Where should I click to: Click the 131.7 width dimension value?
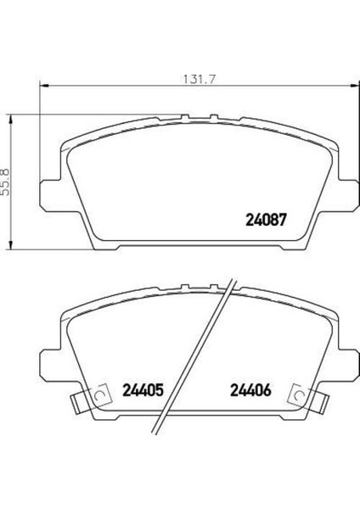[x=200, y=80]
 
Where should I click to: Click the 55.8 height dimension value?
[x=6, y=182]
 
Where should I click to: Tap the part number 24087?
[x=266, y=220]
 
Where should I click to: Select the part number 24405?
[x=143, y=390]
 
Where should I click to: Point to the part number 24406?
[x=250, y=390]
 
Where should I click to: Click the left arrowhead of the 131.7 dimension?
[x=44, y=86]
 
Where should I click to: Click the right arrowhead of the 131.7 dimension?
[x=355, y=86]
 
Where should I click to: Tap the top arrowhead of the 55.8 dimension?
[x=11, y=119]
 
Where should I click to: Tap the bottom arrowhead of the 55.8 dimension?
[x=11, y=245]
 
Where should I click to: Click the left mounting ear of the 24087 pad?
[x=49, y=195]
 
